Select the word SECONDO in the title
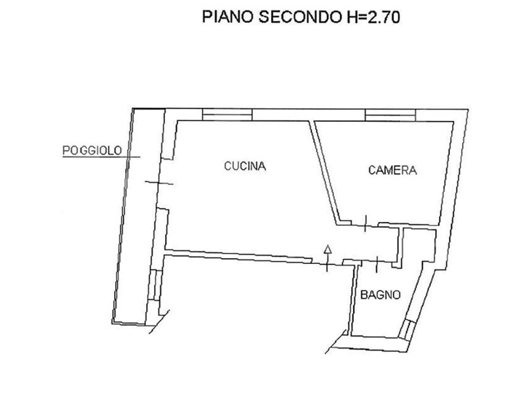(299, 17)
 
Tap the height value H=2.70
(372, 17)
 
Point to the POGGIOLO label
(92, 151)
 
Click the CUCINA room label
(245, 166)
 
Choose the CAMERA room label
(392, 170)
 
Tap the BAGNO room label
(381, 295)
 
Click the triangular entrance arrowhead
(328, 249)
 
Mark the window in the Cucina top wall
(227, 115)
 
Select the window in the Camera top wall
(390, 115)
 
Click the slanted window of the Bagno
(407, 330)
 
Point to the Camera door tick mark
(365, 223)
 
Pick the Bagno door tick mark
(377, 264)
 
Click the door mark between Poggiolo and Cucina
(159, 183)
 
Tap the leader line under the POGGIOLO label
(102, 157)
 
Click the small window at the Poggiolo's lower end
(155, 285)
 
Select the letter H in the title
(352, 17)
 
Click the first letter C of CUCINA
(228, 166)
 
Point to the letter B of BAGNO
(364, 295)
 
